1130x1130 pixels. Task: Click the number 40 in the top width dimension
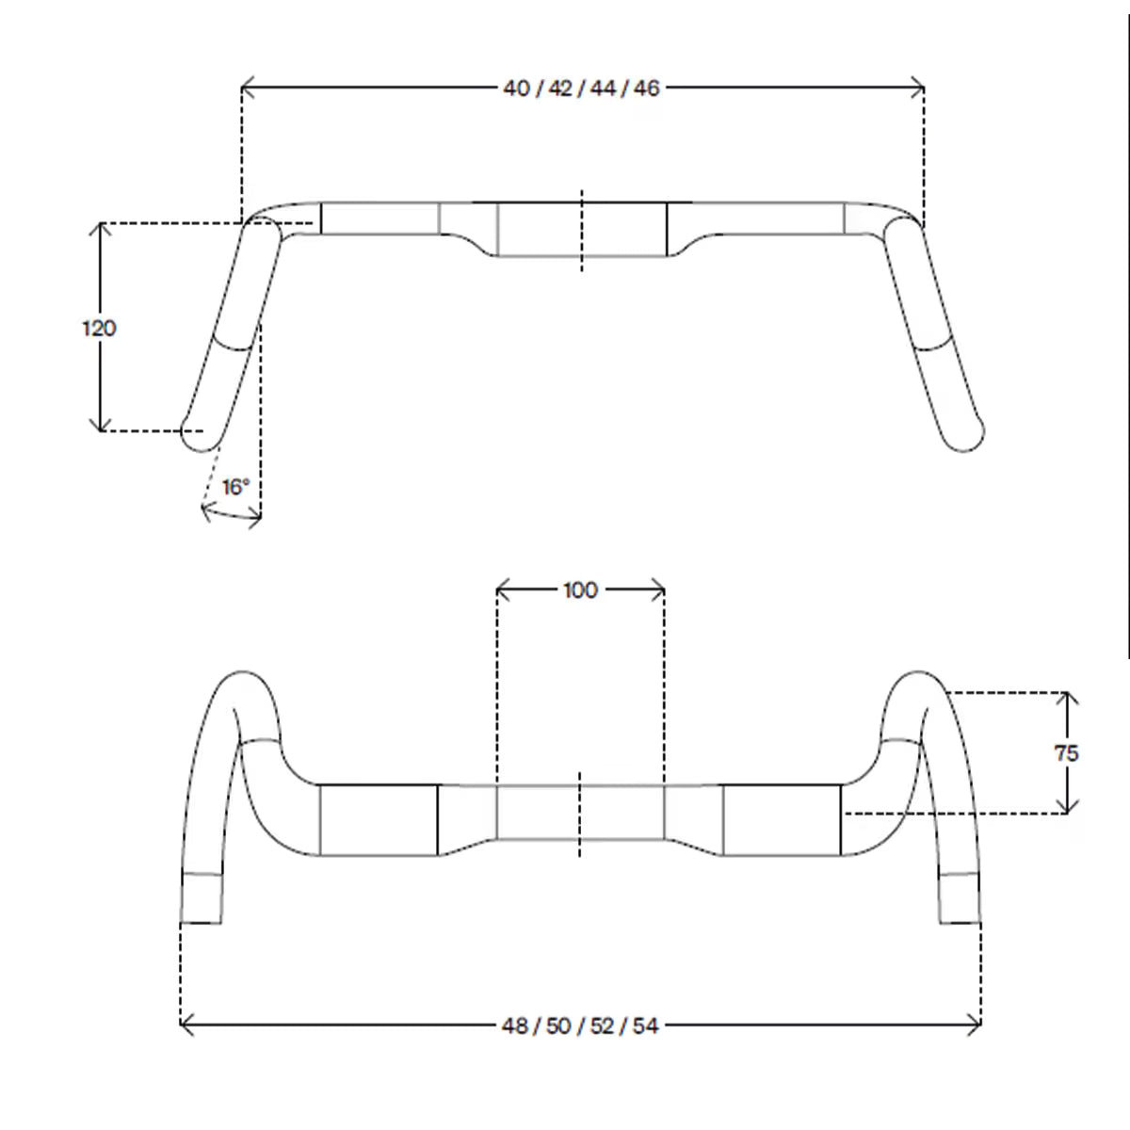pyautogui.click(x=516, y=89)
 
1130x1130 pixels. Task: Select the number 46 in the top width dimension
pyautogui.click(x=646, y=89)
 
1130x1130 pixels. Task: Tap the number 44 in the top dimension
pyautogui.click(x=603, y=89)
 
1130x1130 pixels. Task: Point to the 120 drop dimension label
pyautogui.click(x=99, y=329)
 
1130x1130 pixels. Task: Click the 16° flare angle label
pyautogui.click(x=235, y=487)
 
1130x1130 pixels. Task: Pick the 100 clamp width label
pyautogui.click(x=581, y=589)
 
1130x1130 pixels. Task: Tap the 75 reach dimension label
pyautogui.click(x=1066, y=753)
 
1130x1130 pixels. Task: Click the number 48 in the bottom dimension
pyautogui.click(x=515, y=1026)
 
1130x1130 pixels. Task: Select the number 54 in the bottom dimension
pyautogui.click(x=646, y=1026)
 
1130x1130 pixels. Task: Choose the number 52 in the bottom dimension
pyautogui.click(x=603, y=1026)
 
